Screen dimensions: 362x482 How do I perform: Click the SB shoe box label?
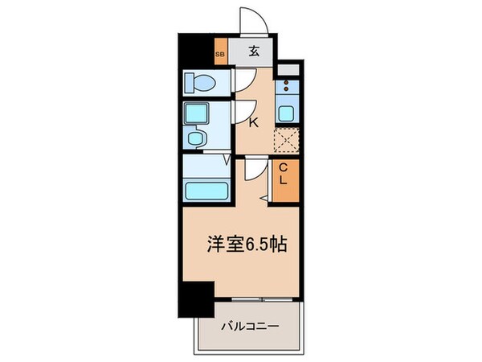pos(220,55)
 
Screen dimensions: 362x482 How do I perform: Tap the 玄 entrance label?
pos(253,52)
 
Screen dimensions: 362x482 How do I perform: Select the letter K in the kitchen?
pos(252,123)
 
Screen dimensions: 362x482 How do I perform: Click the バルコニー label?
pos(250,327)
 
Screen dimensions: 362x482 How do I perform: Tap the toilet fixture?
pos(198,82)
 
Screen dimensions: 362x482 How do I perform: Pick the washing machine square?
pos(196,113)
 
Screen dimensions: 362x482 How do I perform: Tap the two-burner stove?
pos(287,84)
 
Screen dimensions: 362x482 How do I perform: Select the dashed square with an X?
pos(286,140)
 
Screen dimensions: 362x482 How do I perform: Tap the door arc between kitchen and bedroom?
pos(254,170)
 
